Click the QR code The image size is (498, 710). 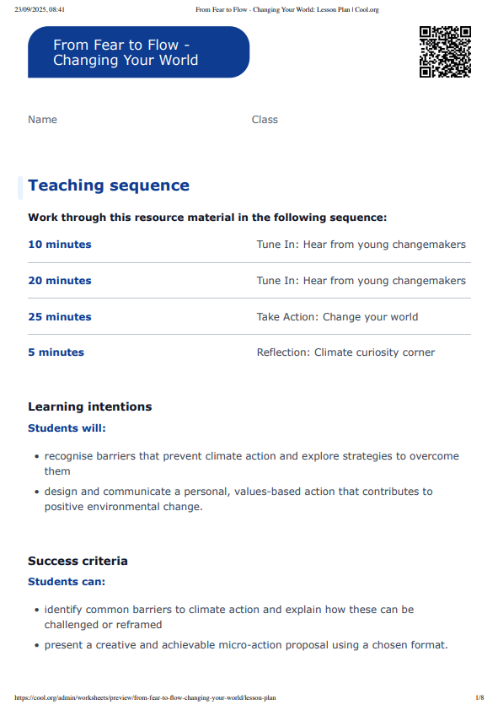[445, 52]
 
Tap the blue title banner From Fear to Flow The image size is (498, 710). [138, 52]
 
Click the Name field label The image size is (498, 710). [42, 120]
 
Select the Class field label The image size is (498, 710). [265, 120]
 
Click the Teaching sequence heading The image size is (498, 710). [109, 186]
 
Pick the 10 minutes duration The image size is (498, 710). [60, 245]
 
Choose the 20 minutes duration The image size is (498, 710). [60, 281]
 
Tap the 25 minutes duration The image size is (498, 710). [60, 317]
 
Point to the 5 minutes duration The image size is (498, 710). [56, 352]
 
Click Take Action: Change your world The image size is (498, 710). [337, 317]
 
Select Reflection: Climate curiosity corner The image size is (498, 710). [345, 352]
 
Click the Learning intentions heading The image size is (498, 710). [90, 406]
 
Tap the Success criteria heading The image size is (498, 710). [78, 561]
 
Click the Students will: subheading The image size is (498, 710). [67, 428]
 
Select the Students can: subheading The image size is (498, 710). [67, 582]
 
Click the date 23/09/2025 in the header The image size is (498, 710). [40, 9]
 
